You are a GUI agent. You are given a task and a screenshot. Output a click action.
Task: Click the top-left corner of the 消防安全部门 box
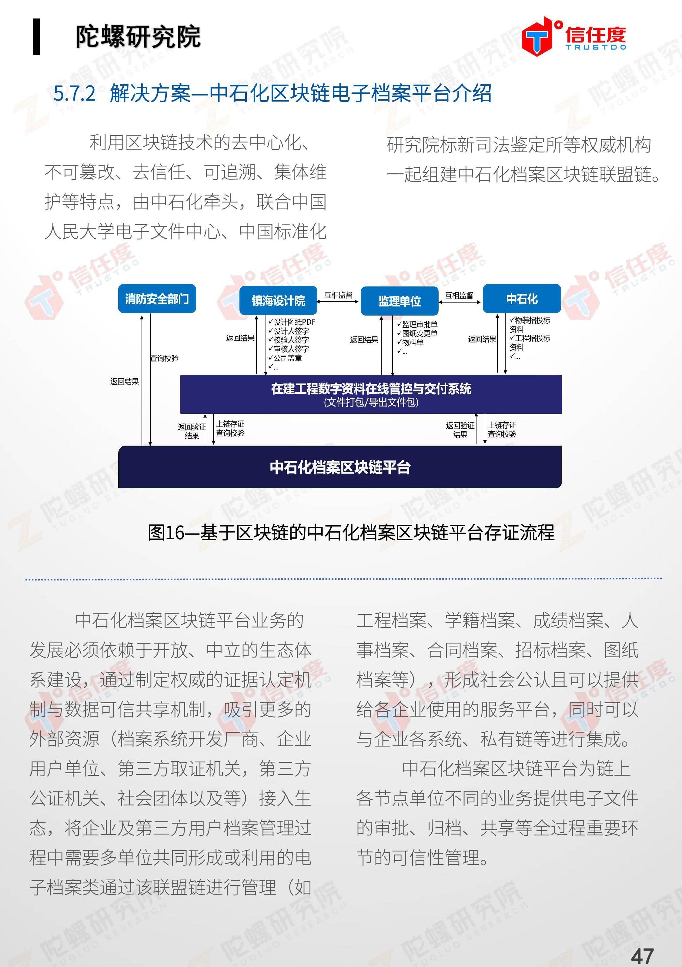[x=119, y=284]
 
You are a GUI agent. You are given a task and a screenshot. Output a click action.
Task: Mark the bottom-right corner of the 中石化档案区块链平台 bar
[x=562, y=488]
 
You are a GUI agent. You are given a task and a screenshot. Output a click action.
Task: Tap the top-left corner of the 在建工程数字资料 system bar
[x=180, y=375]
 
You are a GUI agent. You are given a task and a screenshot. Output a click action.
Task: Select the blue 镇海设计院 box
[x=278, y=300]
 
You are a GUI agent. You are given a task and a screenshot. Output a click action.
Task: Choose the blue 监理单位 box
[x=399, y=301]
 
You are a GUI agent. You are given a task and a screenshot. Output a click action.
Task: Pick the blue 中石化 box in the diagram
[x=522, y=299]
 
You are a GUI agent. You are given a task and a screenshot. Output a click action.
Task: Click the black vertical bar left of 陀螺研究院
[x=36, y=37]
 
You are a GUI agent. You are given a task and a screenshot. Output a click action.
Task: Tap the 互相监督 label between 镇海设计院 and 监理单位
[x=338, y=295]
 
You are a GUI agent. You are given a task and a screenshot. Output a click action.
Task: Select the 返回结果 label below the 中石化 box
[x=482, y=339]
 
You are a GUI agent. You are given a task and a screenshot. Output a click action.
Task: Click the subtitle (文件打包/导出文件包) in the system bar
[x=371, y=402]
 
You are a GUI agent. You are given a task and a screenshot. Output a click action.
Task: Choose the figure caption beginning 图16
[x=351, y=532]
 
